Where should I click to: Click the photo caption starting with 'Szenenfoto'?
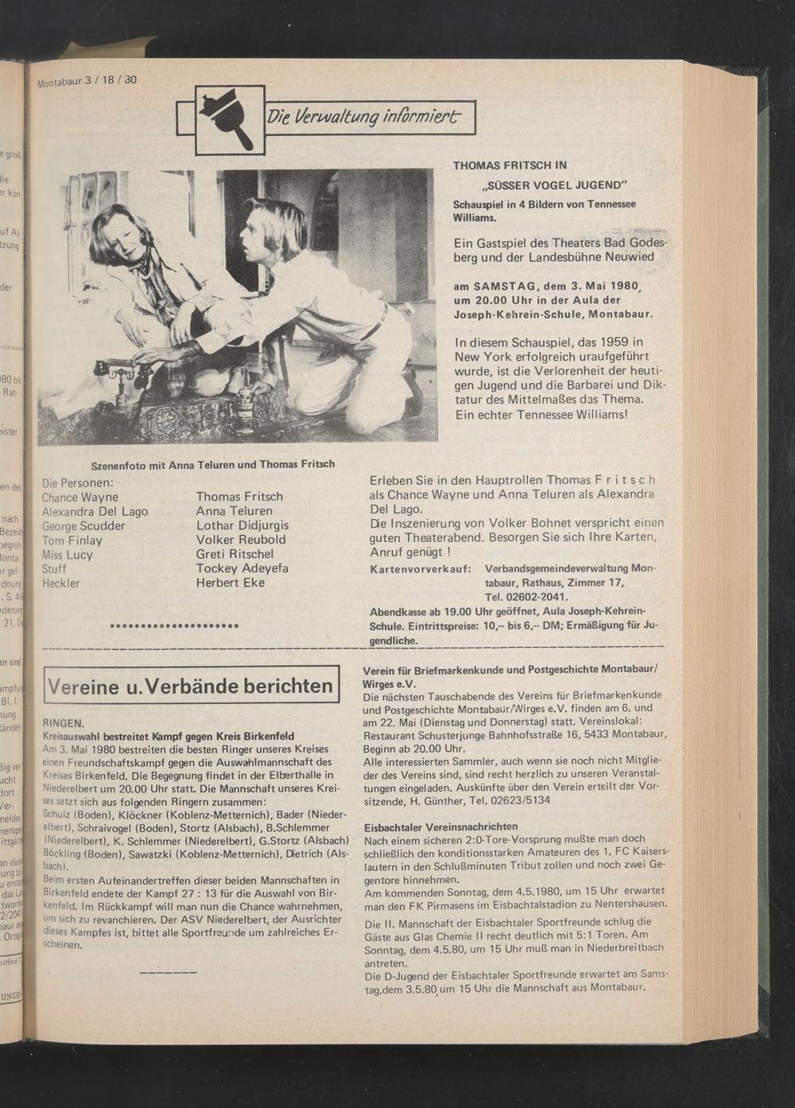point(213,464)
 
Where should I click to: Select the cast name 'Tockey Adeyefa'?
point(242,568)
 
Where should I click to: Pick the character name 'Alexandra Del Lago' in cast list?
point(95,511)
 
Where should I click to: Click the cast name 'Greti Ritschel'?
point(235,554)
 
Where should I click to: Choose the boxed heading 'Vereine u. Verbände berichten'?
point(191,685)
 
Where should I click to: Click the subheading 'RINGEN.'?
point(64,724)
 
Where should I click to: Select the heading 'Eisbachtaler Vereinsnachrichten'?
point(440,827)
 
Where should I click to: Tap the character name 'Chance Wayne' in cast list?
point(79,498)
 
